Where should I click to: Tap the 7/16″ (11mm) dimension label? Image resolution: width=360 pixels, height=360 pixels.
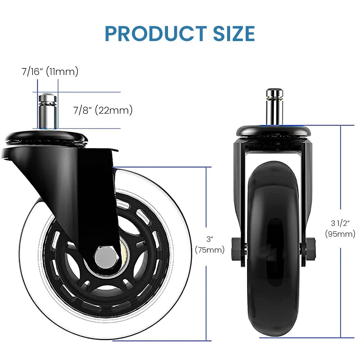(50, 72)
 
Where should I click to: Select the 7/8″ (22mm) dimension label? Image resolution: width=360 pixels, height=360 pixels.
(103, 110)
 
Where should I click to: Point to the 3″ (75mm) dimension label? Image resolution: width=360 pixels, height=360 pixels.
(210, 244)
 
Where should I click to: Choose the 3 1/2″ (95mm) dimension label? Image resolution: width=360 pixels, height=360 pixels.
(340, 228)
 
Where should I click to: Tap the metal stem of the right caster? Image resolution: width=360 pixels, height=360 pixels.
(274, 106)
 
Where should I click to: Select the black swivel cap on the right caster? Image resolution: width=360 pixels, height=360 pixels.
(273, 131)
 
